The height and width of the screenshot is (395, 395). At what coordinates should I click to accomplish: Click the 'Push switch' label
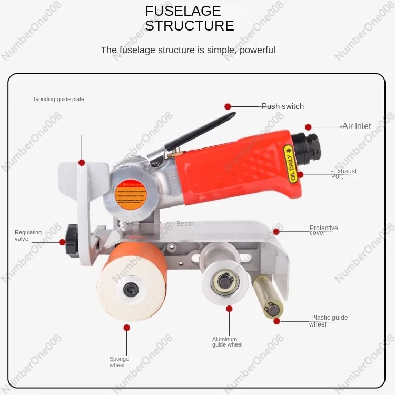click(x=283, y=106)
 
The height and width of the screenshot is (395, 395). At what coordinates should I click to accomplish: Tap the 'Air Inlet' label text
click(x=356, y=126)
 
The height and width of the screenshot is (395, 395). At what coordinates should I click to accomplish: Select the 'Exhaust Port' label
click(x=344, y=174)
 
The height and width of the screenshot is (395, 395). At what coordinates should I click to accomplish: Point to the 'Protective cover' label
click(x=323, y=231)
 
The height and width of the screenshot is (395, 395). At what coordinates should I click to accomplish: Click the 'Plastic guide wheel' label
click(x=329, y=321)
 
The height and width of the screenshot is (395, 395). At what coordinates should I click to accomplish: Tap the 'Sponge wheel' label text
click(x=119, y=362)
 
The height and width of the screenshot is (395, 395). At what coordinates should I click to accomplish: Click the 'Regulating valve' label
click(x=28, y=235)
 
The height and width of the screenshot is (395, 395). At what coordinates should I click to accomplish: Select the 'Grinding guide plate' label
click(x=59, y=99)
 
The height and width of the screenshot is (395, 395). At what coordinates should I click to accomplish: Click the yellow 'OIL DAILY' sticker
click(x=291, y=164)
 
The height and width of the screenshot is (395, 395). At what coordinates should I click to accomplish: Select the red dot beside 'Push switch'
click(x=228, y=106)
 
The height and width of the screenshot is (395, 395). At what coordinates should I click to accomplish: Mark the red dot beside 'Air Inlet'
click(x=309, y=127)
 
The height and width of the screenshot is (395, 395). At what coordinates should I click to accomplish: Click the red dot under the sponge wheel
click(x=127, y=328)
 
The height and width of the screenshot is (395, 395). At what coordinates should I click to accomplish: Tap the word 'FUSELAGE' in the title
click(x=183, y=11)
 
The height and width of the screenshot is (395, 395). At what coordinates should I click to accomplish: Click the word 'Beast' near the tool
click(x=184, y=224)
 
